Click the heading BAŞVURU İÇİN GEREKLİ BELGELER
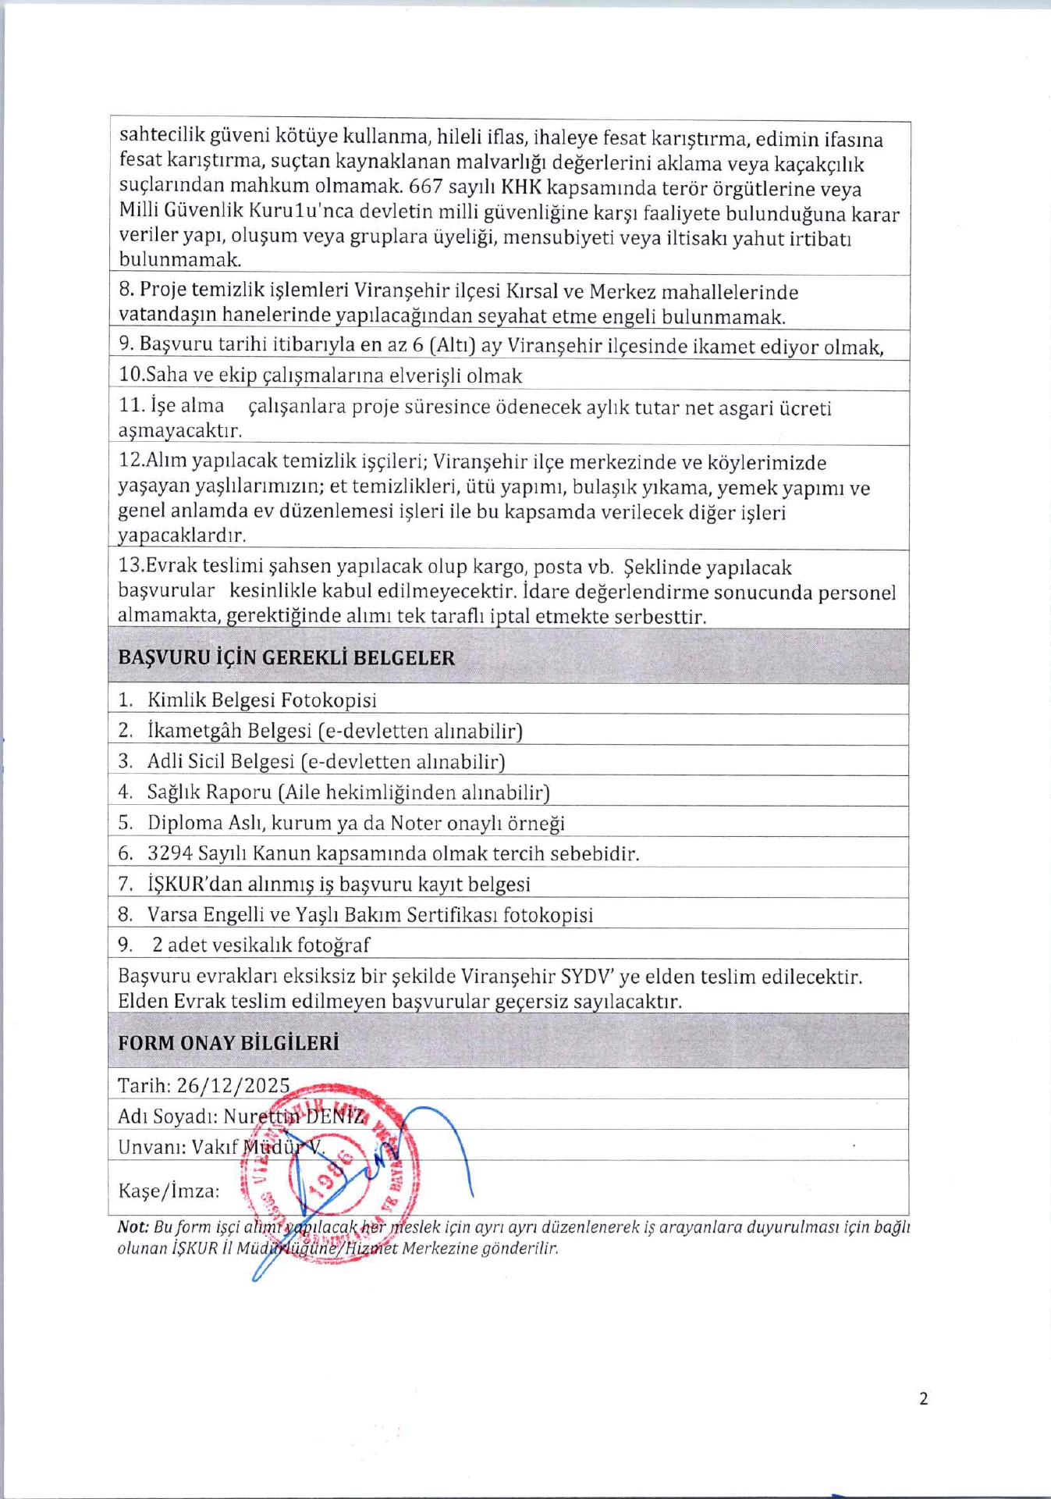(286, 657)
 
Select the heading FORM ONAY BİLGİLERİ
(228, 1043)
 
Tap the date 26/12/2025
(233, 1085)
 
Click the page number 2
(924, 1398)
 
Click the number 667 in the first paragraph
(425, 188)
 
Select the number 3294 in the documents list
(170, 853)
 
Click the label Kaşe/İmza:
(168, 1191)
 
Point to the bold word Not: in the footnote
(133, 1227)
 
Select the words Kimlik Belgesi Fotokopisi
(261, 700)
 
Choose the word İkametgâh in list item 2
(194, 731)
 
